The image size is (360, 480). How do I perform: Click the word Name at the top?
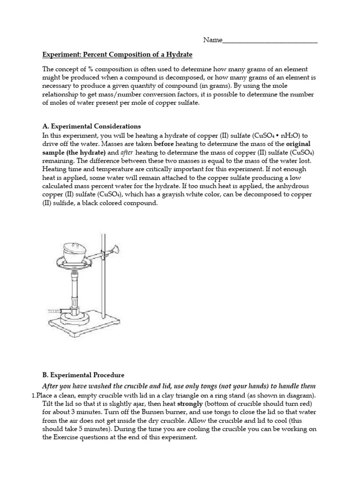pyautogui.click(x=212, y=40)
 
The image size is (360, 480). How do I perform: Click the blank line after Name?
pyautogui.click(x=270, y=41)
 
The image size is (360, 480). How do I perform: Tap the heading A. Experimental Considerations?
pyautogui.click(x=91, y=126)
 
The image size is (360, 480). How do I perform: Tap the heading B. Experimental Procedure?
pyautogui.click(x=83, y=375)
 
